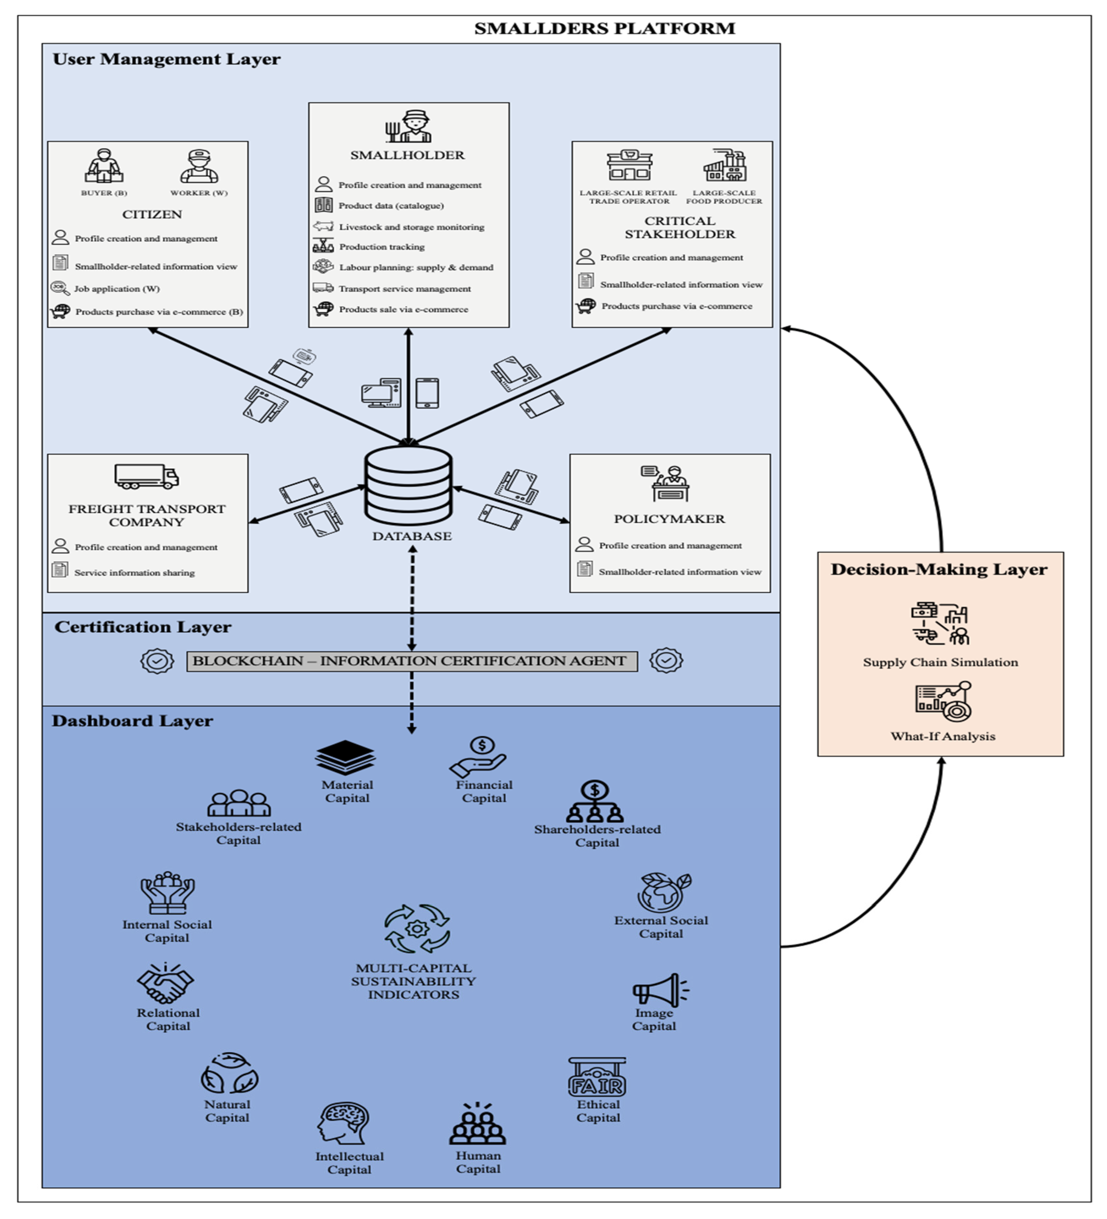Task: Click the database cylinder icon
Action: coord(408,485)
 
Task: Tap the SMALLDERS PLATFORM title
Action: coord(604,28)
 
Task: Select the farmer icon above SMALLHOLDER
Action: coord(409,127)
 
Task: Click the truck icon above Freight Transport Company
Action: coord(146,476)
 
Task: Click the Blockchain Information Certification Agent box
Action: coord(412,661)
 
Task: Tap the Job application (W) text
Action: coord(117,289)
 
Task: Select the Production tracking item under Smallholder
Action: coord(382,247)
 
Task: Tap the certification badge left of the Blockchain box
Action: coord(157,661)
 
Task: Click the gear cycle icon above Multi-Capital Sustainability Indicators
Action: coord(416,928)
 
